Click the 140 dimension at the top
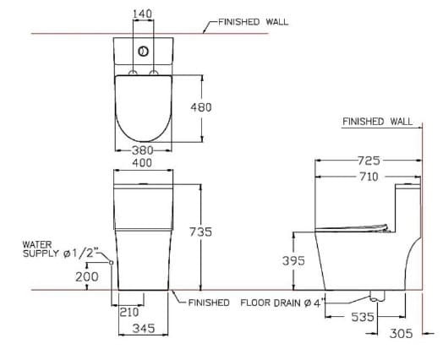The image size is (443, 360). [142, 14]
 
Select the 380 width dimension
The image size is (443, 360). [141, 150]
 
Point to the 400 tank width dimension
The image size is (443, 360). [141, 161]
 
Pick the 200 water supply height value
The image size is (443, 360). [86, 276]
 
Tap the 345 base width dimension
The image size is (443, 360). [141, 329]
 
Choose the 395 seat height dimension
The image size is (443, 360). [293, 261]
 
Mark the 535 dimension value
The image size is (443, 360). [364, 317]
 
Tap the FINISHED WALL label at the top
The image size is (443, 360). [253, 22]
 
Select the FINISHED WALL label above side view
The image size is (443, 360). [377, 122]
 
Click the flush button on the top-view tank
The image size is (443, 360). [142, 52]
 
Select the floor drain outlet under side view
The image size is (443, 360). [375, 297]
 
